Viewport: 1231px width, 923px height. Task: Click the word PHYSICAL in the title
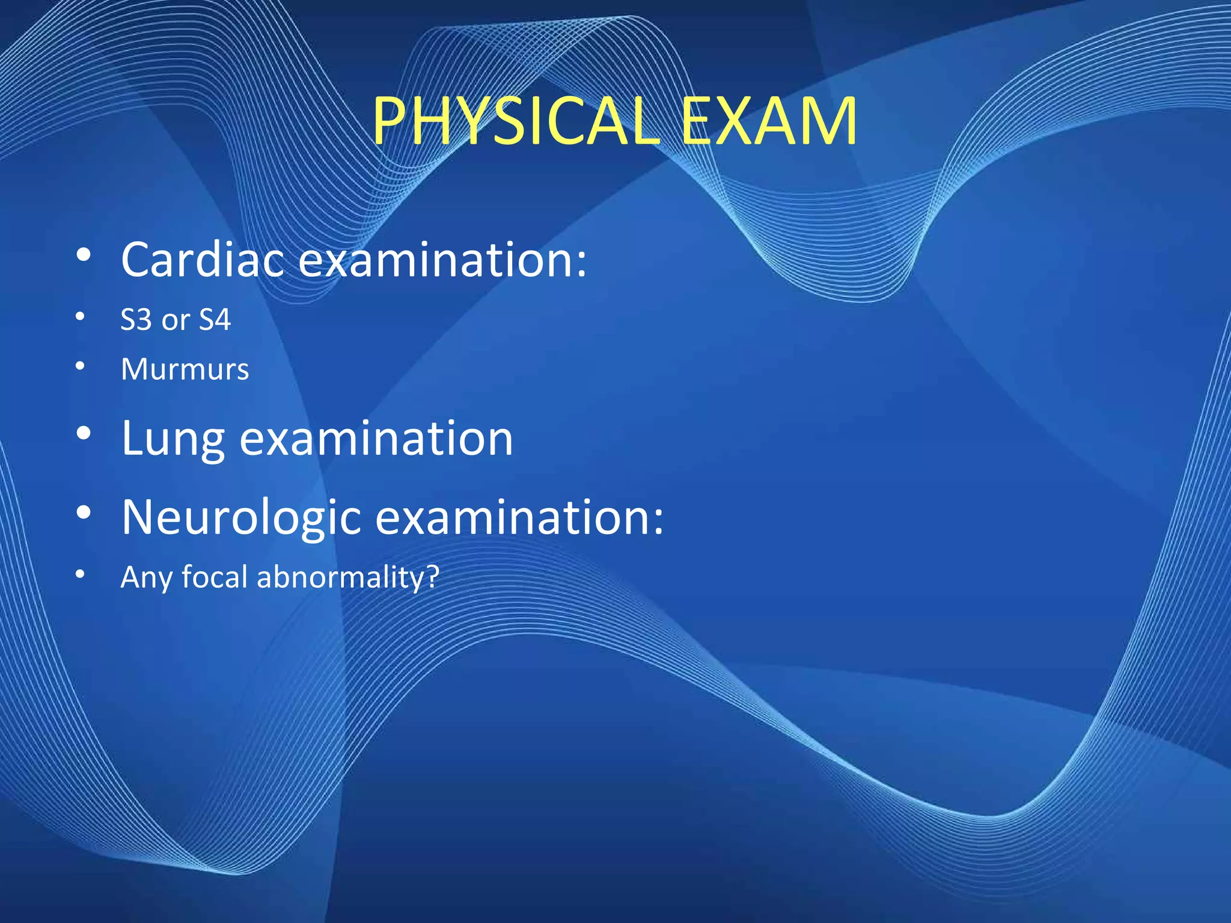(516, 121)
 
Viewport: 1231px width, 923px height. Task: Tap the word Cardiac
(202, 260)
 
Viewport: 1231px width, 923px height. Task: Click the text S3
(136, 320)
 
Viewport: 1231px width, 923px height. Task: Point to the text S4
(215, 320)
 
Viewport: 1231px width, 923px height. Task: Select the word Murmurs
(185, 369)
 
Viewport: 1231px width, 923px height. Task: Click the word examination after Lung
(376, 439)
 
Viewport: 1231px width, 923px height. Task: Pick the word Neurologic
(241, 518)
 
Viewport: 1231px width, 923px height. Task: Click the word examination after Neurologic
(519, 518)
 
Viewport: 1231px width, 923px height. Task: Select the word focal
(215, 577)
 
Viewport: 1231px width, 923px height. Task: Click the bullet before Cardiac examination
(84, 255)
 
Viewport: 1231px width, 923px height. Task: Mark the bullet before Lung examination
(84, 433)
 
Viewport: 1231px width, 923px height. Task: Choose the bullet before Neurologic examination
(84, 513)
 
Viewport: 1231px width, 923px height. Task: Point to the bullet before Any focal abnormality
(80, 574)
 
